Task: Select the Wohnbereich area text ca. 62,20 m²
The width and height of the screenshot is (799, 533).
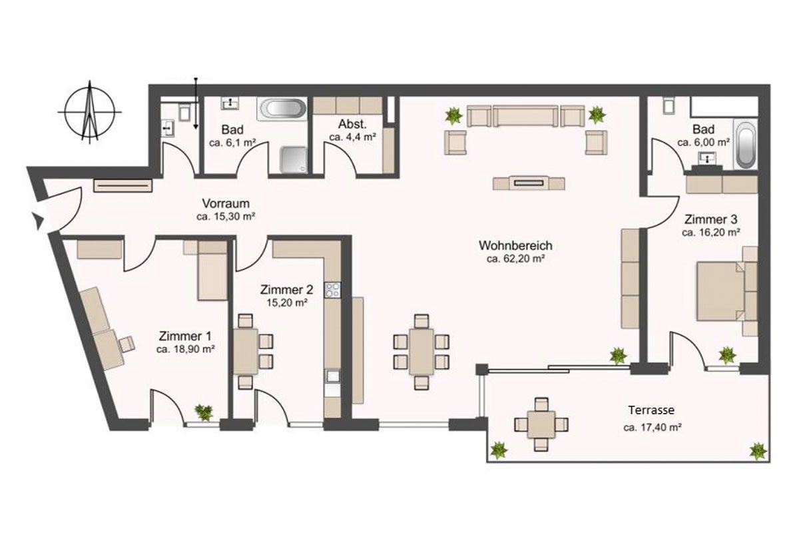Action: click(516, 259)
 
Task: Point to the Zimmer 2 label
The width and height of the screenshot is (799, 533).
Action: click(286, 290)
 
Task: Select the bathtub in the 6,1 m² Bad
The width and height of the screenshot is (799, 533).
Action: click(282, 109)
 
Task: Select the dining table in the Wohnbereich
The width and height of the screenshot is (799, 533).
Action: click(421, 351)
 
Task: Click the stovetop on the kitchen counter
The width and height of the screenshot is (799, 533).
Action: click(332, 290)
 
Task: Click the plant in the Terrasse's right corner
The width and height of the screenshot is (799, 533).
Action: click(758, 452)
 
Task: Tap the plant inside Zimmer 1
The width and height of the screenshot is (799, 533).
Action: click(204, 412)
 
